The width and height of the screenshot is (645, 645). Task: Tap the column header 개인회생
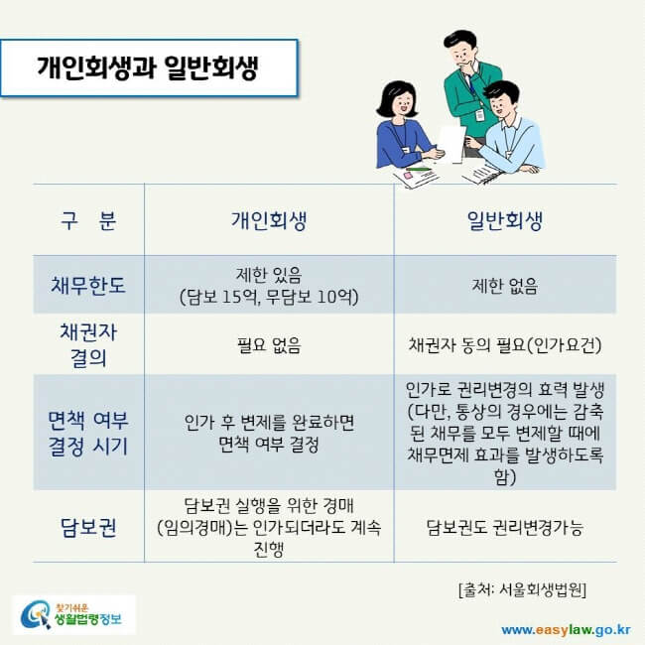pyautogui.click(x=269, y=221)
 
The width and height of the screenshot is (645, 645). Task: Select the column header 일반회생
pyautogui.click(x=504, y=221)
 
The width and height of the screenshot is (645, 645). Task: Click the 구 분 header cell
pyautogui.click(x=87, y=221)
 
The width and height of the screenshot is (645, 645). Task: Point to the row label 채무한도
pyautogui.click(x=89, y=287)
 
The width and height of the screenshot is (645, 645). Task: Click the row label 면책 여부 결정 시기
pyautogui.click(x=89, y=432)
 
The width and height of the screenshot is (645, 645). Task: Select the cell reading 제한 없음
pyautogui.click(x=504, y=287)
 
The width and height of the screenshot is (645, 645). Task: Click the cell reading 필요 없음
pyautogui.click(x=269, y=345)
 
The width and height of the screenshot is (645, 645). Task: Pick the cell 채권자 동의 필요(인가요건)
pyautogui.click(x=504, y=345)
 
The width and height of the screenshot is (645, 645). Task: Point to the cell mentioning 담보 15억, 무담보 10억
pyautogui.click(x=269, y=287)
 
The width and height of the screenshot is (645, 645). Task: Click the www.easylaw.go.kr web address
pyautogui.click(x=566, y=627)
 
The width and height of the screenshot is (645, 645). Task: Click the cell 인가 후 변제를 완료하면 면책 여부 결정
pyautogui.click(x=269, y=433)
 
